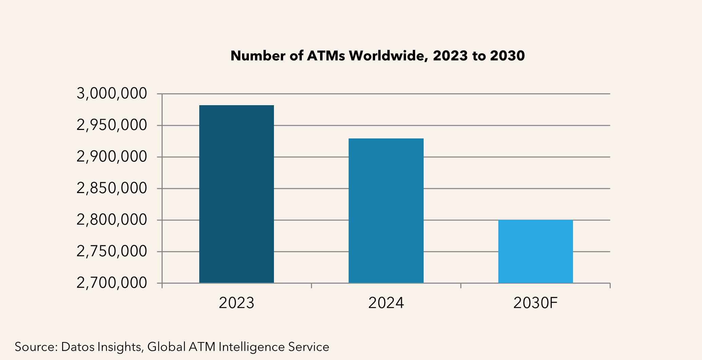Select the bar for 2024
pyautogui.click(x=386, y=211)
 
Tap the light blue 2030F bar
pyautogui.click(x=535, y=251)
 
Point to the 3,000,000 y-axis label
pyautogui.click(x=112, y=94)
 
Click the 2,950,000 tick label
pyautogui.click(x=112, y=126)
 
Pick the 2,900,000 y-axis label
pyautogui.click(x=112, y=157)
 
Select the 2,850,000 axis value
pyautogui.click(x=112, y=188)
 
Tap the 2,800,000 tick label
pyautogui.click(x=112, y=220)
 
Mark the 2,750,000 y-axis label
pyautogui.click(x=112, y=251)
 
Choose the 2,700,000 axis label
pyautogui.click(x=112, y=283)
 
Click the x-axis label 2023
pyautogui.click(x=236, y=303)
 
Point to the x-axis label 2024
pyautogui.click(x=386, y=303)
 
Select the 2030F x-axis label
pyautogui.click(x=535, y=303)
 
